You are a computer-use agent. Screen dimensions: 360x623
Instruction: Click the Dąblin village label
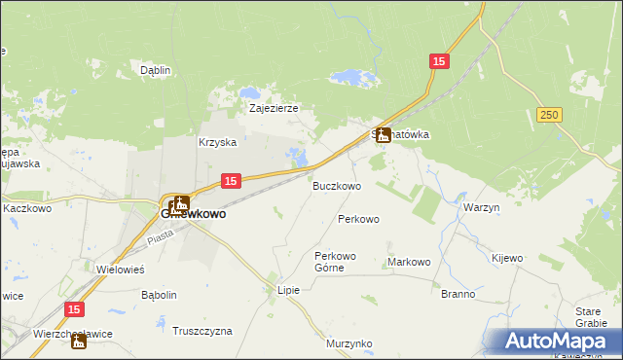[156, 70]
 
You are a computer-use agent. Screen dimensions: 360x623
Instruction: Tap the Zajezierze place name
[274, 108]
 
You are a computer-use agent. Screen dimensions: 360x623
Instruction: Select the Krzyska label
[218, 142]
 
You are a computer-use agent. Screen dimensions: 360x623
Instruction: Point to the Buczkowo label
[337, 185]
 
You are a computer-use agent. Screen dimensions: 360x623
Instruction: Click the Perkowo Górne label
[336, 262]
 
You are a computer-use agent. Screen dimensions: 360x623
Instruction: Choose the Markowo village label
[409, 262]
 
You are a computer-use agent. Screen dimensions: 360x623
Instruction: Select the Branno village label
[458, 294]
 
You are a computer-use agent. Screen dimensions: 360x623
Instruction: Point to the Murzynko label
[349, 343]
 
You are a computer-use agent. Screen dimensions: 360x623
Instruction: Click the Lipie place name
[289, 290]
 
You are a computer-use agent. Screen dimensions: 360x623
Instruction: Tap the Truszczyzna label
[202, 331]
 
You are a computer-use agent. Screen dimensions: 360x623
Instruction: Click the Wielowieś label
[121, 269]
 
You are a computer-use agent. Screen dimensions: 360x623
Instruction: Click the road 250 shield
[550, 115]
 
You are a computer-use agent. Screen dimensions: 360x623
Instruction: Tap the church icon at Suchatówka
[384, 135]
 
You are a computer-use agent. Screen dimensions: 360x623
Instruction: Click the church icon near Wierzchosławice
[79, 341]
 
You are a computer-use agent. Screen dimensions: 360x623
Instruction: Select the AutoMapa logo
[554, 341]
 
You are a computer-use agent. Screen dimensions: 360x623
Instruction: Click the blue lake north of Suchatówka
[348, 77]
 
